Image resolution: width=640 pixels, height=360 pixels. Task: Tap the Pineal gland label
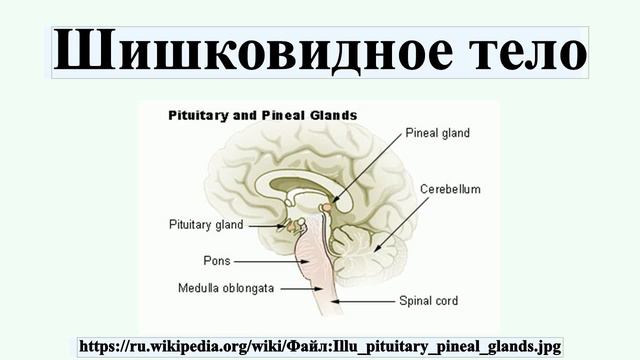[x=437, y=132]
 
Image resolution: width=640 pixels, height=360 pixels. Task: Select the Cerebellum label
[x=450, y=188]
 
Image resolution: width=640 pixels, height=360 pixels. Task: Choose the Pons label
[x=216, y=261]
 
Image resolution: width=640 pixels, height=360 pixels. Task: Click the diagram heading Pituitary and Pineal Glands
[x=260, y=115]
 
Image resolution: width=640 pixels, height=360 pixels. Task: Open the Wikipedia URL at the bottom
[x=320, y=346]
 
